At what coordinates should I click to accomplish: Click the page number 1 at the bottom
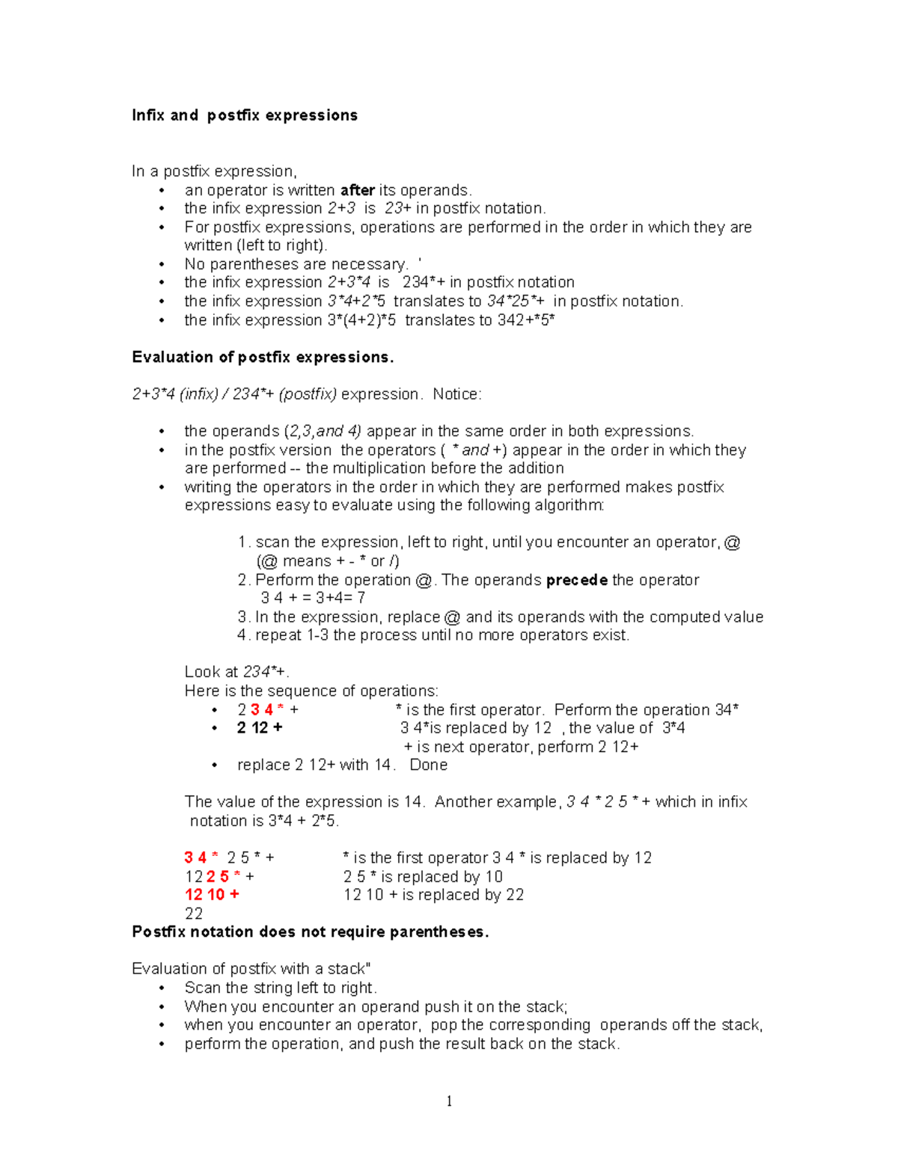point(449,1101)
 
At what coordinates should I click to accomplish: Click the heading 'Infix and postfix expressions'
point(245,115)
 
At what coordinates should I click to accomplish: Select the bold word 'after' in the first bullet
point(357,190)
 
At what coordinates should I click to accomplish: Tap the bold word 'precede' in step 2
point(576,580)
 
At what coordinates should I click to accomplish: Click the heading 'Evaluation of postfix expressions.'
point(263,358)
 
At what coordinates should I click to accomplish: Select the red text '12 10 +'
point(212,895)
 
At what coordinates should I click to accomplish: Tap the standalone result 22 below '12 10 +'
point(194,914)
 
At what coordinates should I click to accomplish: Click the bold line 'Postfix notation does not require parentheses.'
point(310,932)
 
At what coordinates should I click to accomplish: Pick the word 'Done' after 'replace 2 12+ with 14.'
point(428,765)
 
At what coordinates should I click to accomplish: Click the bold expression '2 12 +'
point(260,728)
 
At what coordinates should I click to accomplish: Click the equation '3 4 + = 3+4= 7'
point(313,598)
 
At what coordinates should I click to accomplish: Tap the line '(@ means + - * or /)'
point(327,561)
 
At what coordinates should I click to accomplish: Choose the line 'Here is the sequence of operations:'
point(311,691)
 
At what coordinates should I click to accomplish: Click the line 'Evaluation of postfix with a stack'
point(251,969)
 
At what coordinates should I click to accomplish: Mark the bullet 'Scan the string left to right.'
point(281,988)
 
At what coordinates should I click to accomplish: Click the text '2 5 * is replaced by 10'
point(423,876)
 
